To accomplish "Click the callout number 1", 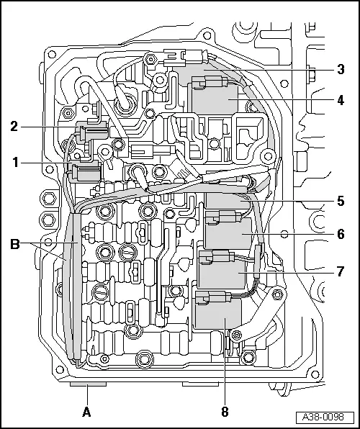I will point(15,163).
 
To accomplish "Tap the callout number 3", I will point(340,70).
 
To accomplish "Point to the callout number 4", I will point(340,101).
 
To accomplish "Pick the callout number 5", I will point(340,202).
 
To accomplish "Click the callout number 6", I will point(340,234).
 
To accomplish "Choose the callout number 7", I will point(340,271).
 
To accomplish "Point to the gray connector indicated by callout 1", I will point(85,174).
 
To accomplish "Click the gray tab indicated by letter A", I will point(87,385).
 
